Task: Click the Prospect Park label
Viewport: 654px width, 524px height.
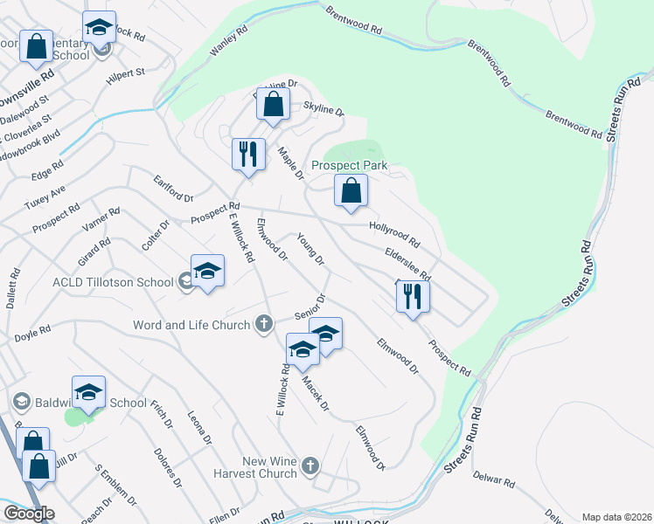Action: click(350, 165)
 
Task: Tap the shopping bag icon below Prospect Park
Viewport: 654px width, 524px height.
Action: click(351, 190)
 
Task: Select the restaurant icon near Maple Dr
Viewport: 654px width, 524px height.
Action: click(247, 155)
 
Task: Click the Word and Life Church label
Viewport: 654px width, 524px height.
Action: click(192, 325)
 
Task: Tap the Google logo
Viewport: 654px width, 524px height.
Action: click(28, 514)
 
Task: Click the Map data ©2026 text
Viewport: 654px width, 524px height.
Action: click(616, 517)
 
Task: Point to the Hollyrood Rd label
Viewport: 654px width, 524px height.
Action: click(394, 234)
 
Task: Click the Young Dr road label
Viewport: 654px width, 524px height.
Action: click(310, 249)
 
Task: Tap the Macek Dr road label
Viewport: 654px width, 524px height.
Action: click(315, 392)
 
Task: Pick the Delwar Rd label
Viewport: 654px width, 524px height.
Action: click(495, 479)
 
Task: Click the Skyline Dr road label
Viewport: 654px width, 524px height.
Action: click(324, 108)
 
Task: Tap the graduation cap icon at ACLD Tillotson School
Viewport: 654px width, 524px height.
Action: click(208, 272)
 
